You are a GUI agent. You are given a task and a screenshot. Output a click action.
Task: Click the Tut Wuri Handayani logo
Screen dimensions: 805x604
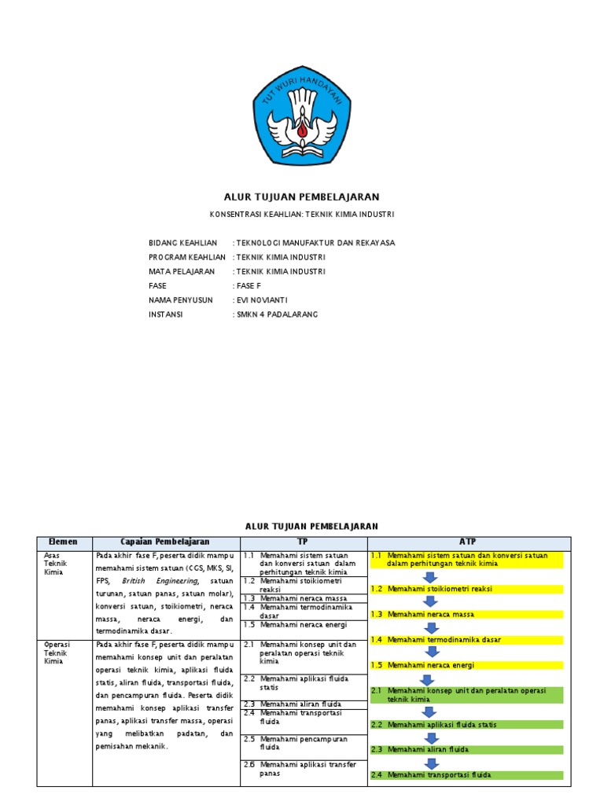click(x=302, y=116)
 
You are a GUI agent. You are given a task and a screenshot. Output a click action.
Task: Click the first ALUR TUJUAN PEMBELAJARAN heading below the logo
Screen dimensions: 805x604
click(x=302, y=197)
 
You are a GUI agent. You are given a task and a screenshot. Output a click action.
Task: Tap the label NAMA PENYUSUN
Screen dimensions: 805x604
click(x=182, y=300)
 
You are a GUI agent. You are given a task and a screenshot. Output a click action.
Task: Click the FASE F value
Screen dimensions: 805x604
click(x=249, y=286)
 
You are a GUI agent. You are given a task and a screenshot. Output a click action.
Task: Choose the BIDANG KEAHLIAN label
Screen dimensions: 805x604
click(x=182, y=243)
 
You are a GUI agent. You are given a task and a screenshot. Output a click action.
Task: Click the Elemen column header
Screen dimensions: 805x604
click(x=64, y=542)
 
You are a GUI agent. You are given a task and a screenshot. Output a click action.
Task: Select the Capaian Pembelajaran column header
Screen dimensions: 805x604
click(x=165, y=542)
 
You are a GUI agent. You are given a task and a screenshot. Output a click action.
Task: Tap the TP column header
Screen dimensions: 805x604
click(x=303, y=542)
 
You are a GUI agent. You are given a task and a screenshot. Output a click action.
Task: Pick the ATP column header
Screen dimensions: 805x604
click(x=468, y=542)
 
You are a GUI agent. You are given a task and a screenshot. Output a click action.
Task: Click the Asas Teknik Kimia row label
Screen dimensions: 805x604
click(x=57, y=564)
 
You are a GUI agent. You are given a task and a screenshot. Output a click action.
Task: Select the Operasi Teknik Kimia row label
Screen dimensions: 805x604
click(x=57, y=652)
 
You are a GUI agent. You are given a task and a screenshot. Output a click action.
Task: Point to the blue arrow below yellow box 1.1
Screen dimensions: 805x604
click(x=430, y=578)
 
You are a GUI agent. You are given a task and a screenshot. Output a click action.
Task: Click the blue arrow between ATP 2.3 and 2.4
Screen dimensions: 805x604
click(x=430, y=763)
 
